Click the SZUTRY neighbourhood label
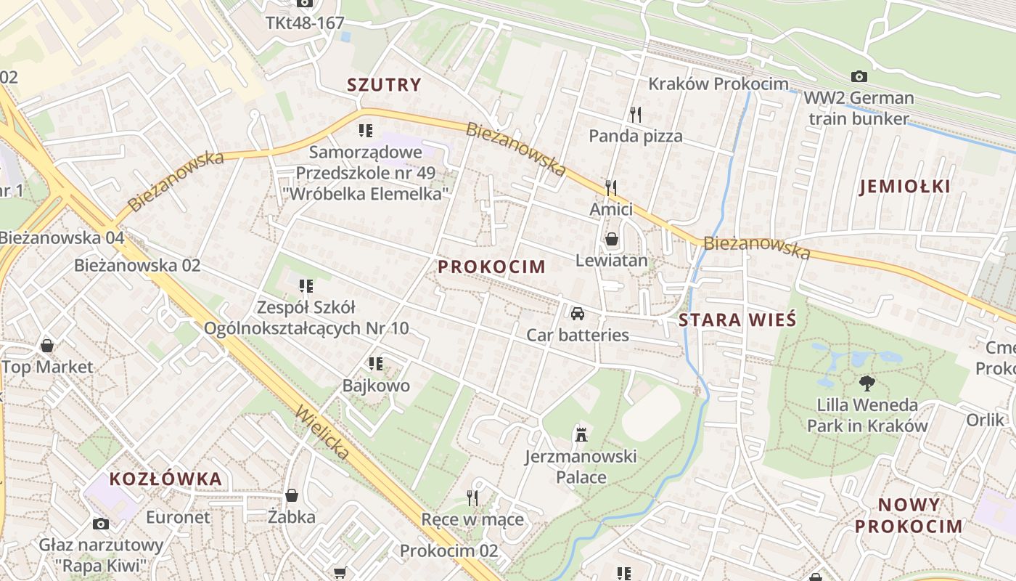(x=384, y=85)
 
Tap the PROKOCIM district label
(x=491, y=267)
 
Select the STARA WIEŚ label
(x=737, y=320)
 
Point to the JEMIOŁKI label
(x=904, y=187)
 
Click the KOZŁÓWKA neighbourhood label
(x=165, y=479)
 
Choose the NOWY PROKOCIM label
(x=909, y=516)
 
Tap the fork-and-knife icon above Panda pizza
(x=636, y=114)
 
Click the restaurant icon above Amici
(x=611, y=188)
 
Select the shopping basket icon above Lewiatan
(x=612, y=239)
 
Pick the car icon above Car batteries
(x=578, y=314)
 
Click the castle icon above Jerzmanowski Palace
(x=581, y=435)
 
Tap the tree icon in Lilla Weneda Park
(x=867, y=383)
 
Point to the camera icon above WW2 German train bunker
(x=859, y=76)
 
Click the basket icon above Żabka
(x=292, y=495)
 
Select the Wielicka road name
(x=323, y=433)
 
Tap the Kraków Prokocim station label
(x=718, y=84)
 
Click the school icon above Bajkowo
(x=376, y=363)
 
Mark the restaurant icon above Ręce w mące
(x=472, y=497)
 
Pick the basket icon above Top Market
(x=47, y=345)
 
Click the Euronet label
(x=178, y=518)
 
